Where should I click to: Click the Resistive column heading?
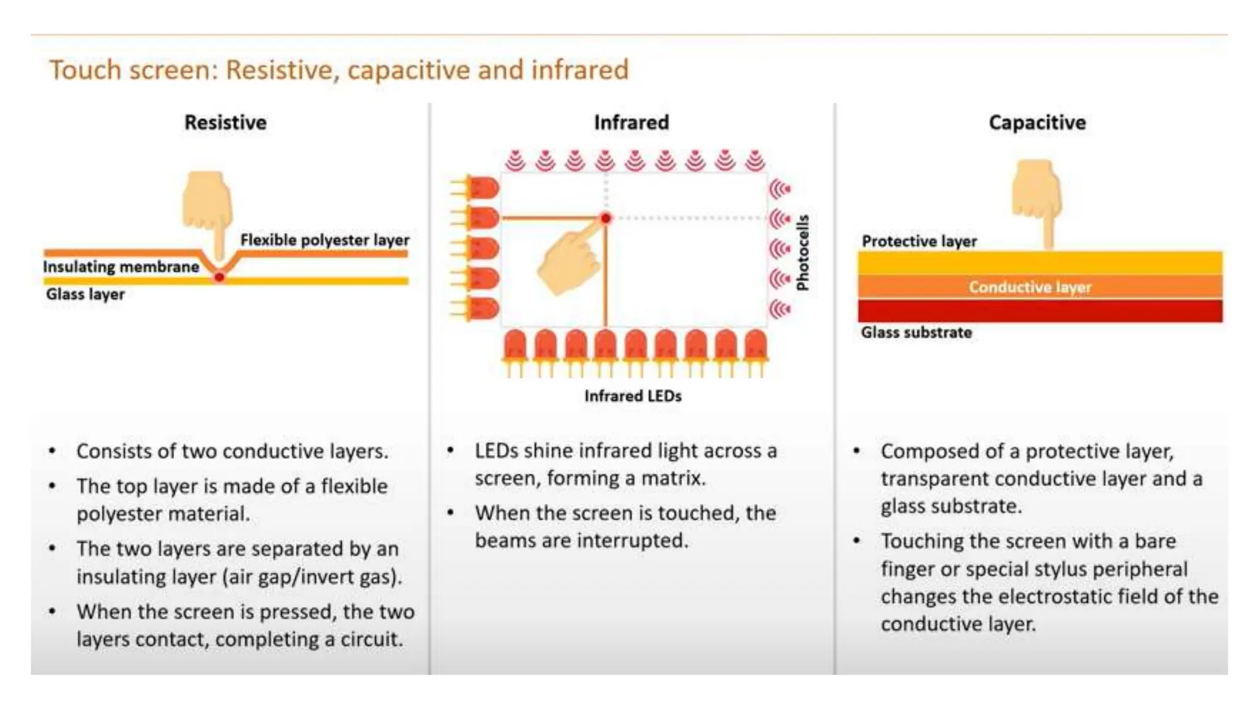tap(225, 122)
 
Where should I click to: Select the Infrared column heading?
tap(631, 122)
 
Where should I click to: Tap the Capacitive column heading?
tap(1037, 122)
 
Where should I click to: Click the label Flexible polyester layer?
tap(325, 240)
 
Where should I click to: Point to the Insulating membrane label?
tap(121, 267)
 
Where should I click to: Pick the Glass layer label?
tap(85, 294)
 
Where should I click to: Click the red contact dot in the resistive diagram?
tap(219, 277)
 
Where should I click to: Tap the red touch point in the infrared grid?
tap(606, 218)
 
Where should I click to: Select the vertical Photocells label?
tap(803, 252)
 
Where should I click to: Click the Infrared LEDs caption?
tap(633, 396)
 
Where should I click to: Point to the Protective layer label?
tap(919, 242)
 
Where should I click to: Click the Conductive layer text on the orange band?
tap(1030, 287)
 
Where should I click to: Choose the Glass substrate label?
tap(916, 332)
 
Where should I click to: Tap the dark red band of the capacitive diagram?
tap(1040, 311)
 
